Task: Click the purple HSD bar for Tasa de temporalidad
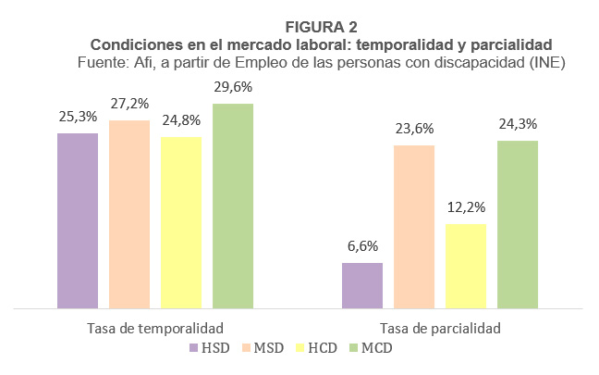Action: pyautogui.click(x=78, y=220)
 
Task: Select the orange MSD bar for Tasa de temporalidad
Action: pyautogui.click(x=129, y=214)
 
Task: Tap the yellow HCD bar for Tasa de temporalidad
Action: pyautogui.click(x=181, y=222)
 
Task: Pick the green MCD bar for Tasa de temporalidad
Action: pyautogui.click(x=233, y=206)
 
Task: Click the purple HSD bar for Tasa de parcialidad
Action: pyautogui.click(x=362, y=285)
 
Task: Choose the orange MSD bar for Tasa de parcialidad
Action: pyautogui.click(x=414, y=226)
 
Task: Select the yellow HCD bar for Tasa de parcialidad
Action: pyautogui.click(x=466, y=266)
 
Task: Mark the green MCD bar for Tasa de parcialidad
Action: pyautogui.click(x=518, y=224)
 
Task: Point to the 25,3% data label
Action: pyautogui.click(x=78, y=118)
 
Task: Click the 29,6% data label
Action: pyautogui.click(x=233, y=87)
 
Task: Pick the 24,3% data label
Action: pyautogui.click(x=518, y=124)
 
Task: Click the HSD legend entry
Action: pyautogui.click(x=209, y=348)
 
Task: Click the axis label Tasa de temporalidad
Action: pyautogui.click(x=155, y=328)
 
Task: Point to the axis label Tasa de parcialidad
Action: pyautogui.click(x=440, y=328)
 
